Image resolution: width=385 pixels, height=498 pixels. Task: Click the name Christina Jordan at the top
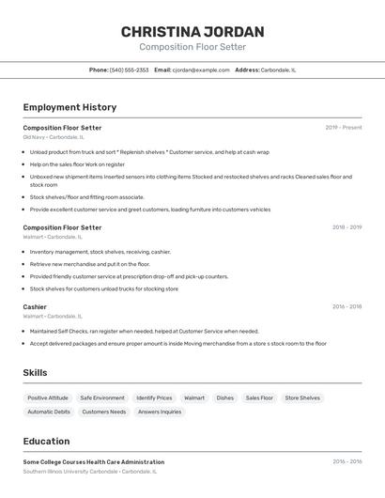192,32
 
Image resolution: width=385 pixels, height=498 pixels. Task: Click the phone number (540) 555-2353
129,70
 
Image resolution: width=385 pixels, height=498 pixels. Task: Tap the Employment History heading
69,107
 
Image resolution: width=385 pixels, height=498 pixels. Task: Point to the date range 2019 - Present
344,128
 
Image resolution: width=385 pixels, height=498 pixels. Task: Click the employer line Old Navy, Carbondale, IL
54,137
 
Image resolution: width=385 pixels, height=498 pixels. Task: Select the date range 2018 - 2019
346,227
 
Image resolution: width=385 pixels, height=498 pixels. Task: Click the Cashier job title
35,307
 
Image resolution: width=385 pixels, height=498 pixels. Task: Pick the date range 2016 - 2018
346,307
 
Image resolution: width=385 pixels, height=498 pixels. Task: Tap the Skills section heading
36,373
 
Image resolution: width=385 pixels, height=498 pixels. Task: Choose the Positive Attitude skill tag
48,398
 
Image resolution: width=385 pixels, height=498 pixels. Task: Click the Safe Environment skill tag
102,398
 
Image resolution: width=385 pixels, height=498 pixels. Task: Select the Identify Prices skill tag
154,398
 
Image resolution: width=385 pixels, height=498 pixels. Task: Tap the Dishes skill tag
225,398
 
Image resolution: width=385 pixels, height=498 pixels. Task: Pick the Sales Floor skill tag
259,398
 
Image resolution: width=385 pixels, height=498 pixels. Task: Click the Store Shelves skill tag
302,398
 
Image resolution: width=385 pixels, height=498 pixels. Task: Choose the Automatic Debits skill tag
49,412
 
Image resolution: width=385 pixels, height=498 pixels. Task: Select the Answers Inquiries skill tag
160,412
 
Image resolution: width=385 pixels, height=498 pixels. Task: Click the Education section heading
46,442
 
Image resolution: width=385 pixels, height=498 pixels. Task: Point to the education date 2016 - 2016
346,462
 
